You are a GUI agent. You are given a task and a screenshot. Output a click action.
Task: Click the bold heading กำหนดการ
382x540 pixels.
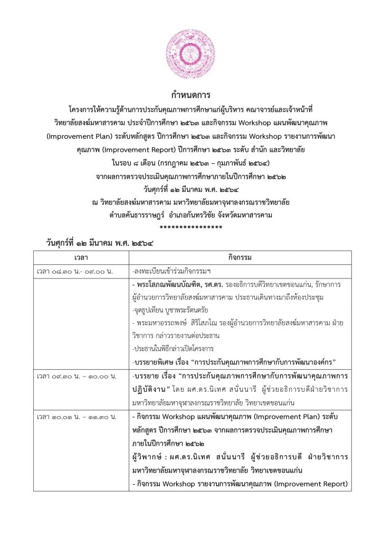pos(190,95)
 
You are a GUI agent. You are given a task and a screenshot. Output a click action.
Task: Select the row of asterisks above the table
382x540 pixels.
pos(190,228)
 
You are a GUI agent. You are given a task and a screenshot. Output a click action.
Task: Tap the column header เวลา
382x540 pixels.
pos(81,257)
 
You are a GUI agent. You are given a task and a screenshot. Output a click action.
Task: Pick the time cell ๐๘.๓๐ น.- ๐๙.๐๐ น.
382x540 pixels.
pos(75,271)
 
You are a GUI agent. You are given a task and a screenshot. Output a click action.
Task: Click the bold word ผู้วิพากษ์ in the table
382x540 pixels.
pos(149,456)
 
